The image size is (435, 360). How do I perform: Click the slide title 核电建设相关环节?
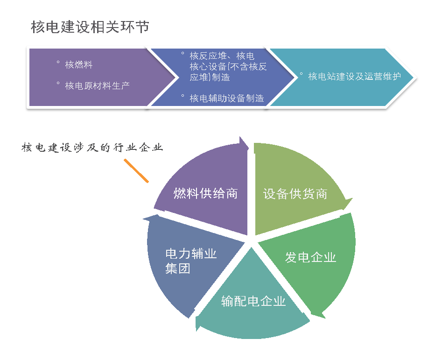[x=90, y=27]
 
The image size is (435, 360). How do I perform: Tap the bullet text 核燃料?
[x=79, y=65]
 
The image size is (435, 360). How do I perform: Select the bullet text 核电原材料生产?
[x=97, y=85]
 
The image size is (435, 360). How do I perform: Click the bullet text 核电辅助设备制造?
[x=227, y=98]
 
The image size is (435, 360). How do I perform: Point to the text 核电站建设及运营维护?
[x=354, y=76]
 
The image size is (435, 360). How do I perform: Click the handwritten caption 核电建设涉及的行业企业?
[x=92, y=148]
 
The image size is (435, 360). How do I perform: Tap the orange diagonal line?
[x=136, y=170]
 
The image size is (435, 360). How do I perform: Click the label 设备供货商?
[x=295, y=194]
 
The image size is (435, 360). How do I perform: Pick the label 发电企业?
[x=310, y=257]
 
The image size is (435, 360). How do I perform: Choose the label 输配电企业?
[x=253, y=301]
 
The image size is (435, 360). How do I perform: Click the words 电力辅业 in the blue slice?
[x=191, y=254]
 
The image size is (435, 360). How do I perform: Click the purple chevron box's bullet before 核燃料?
[x=58, y=63]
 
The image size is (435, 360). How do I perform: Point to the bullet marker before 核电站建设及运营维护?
[x=301, y=74]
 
